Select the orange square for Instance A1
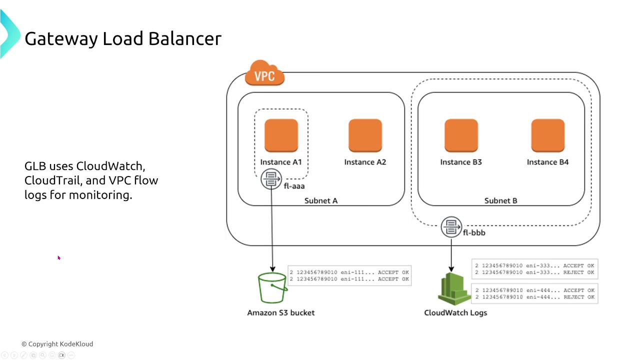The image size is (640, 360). [x=281, y=135]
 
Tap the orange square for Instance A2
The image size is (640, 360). [x=365, y=135]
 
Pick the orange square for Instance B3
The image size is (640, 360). [x=461, y=135]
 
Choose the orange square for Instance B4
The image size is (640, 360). [x=547, y=135]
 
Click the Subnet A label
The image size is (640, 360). [x=321, y=200]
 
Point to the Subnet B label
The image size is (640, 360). [x=500, y=200]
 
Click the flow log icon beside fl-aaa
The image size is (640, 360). [x=271, y=179]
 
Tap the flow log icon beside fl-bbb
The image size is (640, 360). [x=451, y=226]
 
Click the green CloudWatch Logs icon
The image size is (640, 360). [x=454, y=288]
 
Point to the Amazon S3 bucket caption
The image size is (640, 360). [x=280, y=312]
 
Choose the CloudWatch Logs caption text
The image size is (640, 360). [x=455, y=312]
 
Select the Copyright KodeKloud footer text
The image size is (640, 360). [x=57, y=344]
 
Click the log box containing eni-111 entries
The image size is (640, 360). [x=349, y=275]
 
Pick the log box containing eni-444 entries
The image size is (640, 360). [x=534, y=293]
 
